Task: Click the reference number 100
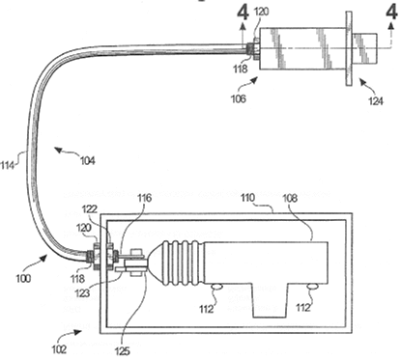[x=23, y=278]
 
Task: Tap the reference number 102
[x=59, y=348]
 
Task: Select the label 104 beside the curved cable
[x=88, y=160]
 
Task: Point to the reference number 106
[x=238, y=98]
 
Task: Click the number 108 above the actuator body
[x=290, y=199]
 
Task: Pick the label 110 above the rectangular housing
[x=248, y=198]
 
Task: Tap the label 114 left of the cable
[x=8, y=165]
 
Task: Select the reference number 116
[x=144, y=198]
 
